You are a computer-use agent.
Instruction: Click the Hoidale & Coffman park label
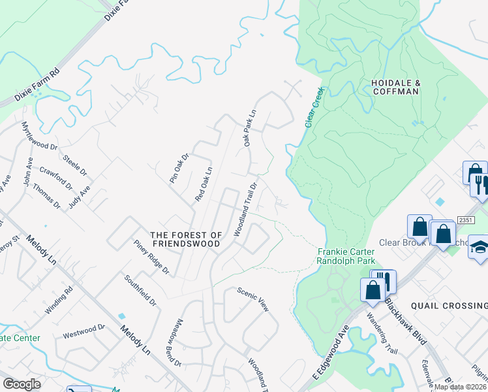point(394,88)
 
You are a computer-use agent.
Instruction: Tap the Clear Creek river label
point(314,107)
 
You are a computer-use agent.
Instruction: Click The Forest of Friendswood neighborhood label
point(186,240)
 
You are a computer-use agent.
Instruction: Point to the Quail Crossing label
point(450,306)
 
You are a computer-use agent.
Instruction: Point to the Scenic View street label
point(252,299)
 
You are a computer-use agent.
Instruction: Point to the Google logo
point(22,384)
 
